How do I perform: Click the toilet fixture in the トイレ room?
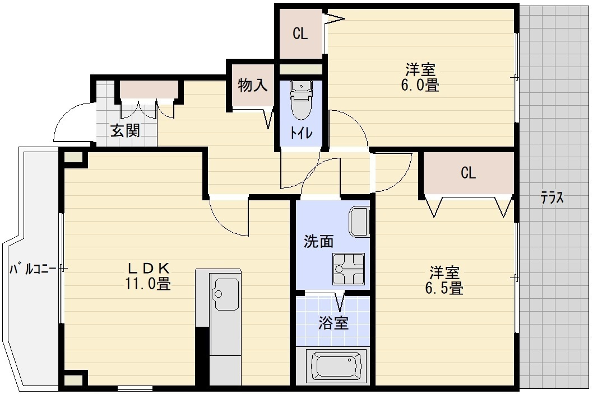[301, 100]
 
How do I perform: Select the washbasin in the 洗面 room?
[359, 222]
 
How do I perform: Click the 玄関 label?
[124, 131]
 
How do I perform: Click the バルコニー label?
[32, 269]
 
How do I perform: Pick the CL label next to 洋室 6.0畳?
[300, 34]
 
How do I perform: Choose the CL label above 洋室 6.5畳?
[468, 173]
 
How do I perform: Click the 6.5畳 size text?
[446, 289]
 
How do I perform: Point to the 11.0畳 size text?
[148, 284]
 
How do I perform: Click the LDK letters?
[149, 267]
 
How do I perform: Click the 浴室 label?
[333, 323]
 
